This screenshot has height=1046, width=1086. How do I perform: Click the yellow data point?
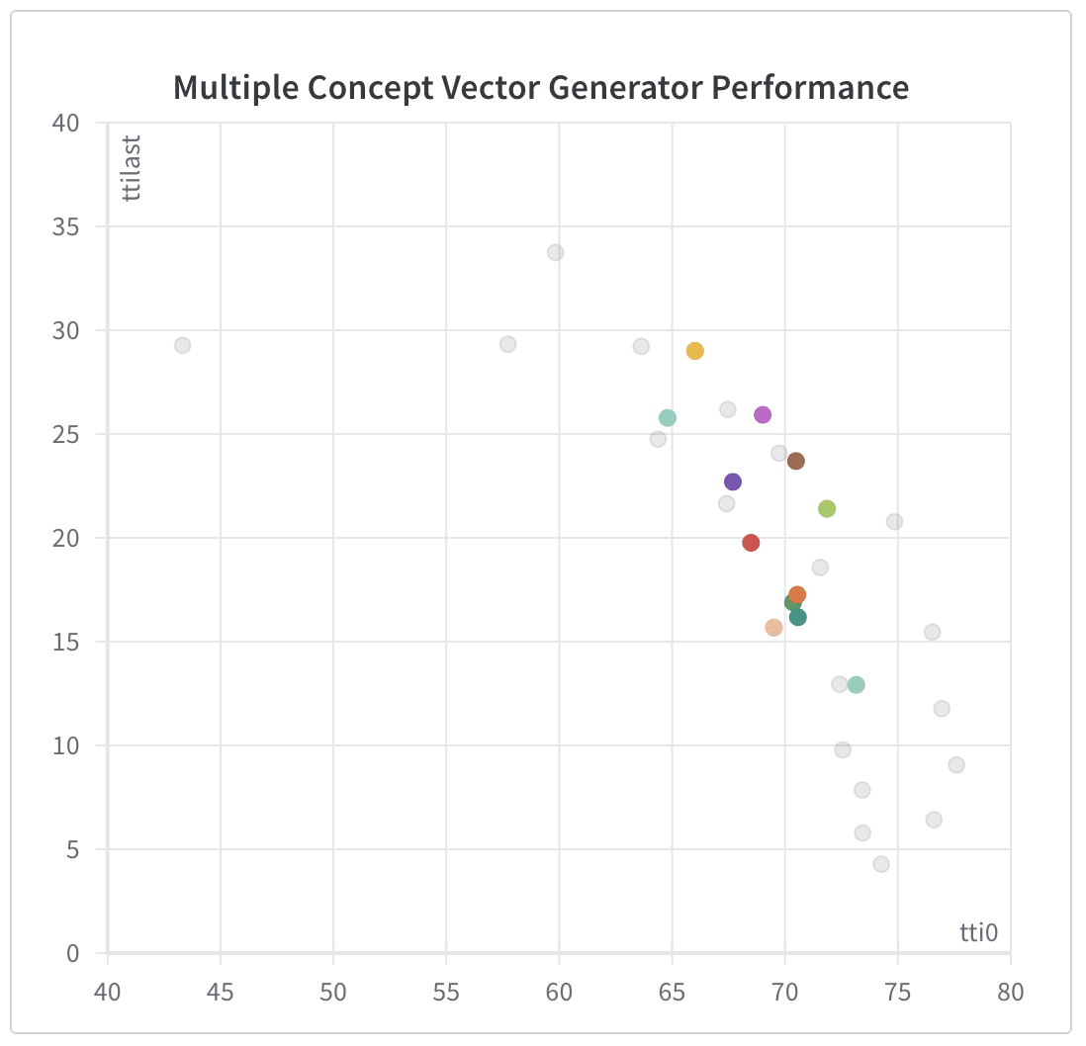point(694,351)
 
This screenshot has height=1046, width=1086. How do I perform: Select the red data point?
point(751,543)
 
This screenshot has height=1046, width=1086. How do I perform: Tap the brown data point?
point(795,461)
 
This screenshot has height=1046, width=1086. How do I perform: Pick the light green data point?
point(827,509)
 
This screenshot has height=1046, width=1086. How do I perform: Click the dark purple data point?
point(733,481)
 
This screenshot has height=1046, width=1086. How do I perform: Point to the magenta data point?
point(763,415)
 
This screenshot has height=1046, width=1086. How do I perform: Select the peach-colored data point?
point(773,628)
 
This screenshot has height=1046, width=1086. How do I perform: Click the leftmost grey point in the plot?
point(182,345)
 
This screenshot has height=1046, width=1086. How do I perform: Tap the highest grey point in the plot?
point(556,252)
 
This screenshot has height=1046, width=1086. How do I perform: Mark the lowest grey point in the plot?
point(881,864)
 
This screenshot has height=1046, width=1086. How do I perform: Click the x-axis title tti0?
point(979,931)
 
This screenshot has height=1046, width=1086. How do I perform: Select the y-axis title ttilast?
point(133,168)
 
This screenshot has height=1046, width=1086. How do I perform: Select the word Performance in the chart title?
point(810,87)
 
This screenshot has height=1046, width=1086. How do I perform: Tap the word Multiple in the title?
point(234,87)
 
